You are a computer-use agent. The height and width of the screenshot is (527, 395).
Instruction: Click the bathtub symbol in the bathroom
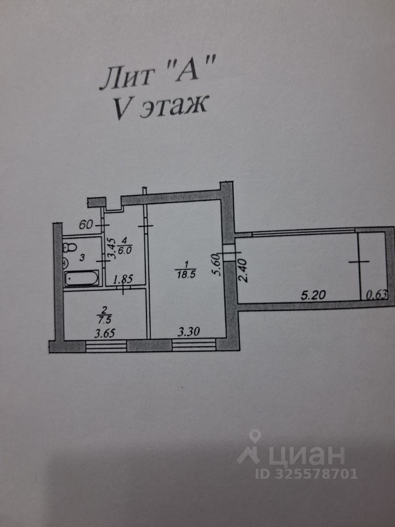82,279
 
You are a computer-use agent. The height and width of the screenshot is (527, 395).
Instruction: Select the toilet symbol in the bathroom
69,248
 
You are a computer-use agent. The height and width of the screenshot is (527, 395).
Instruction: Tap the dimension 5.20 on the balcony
314,295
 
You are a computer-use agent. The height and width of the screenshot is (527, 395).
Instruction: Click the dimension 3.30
188,331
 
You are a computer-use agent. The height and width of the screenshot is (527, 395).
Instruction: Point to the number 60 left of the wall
86,225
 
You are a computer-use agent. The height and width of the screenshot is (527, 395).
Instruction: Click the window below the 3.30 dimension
194,345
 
